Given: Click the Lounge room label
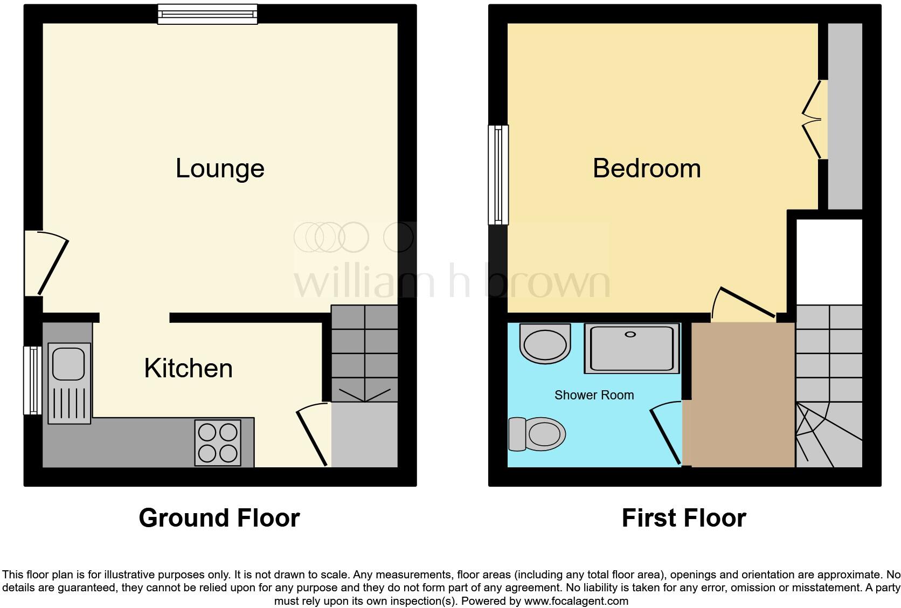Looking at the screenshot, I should [x=220, y=168].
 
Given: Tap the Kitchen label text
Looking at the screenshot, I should [x=188, y=368].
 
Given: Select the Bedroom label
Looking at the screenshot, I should [x=647, y=168].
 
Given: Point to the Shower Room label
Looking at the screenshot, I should [x=594, y=395].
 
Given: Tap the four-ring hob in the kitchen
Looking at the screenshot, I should [x=218, y=442].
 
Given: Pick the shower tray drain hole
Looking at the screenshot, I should [x=630, y=335].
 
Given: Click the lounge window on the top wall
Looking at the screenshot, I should [x=207, y=14].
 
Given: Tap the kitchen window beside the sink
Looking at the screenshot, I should [x=32, y=380].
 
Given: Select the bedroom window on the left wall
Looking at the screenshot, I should [x=498, y=174].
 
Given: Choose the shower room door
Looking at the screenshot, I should [x=666, y=434].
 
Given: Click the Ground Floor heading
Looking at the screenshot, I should [x=219, y=518].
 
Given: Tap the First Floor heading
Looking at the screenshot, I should [x=683, y=518].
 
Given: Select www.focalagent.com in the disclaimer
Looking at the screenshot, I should [x=576, y=600].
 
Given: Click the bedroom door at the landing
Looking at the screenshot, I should [x=746, y=303].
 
